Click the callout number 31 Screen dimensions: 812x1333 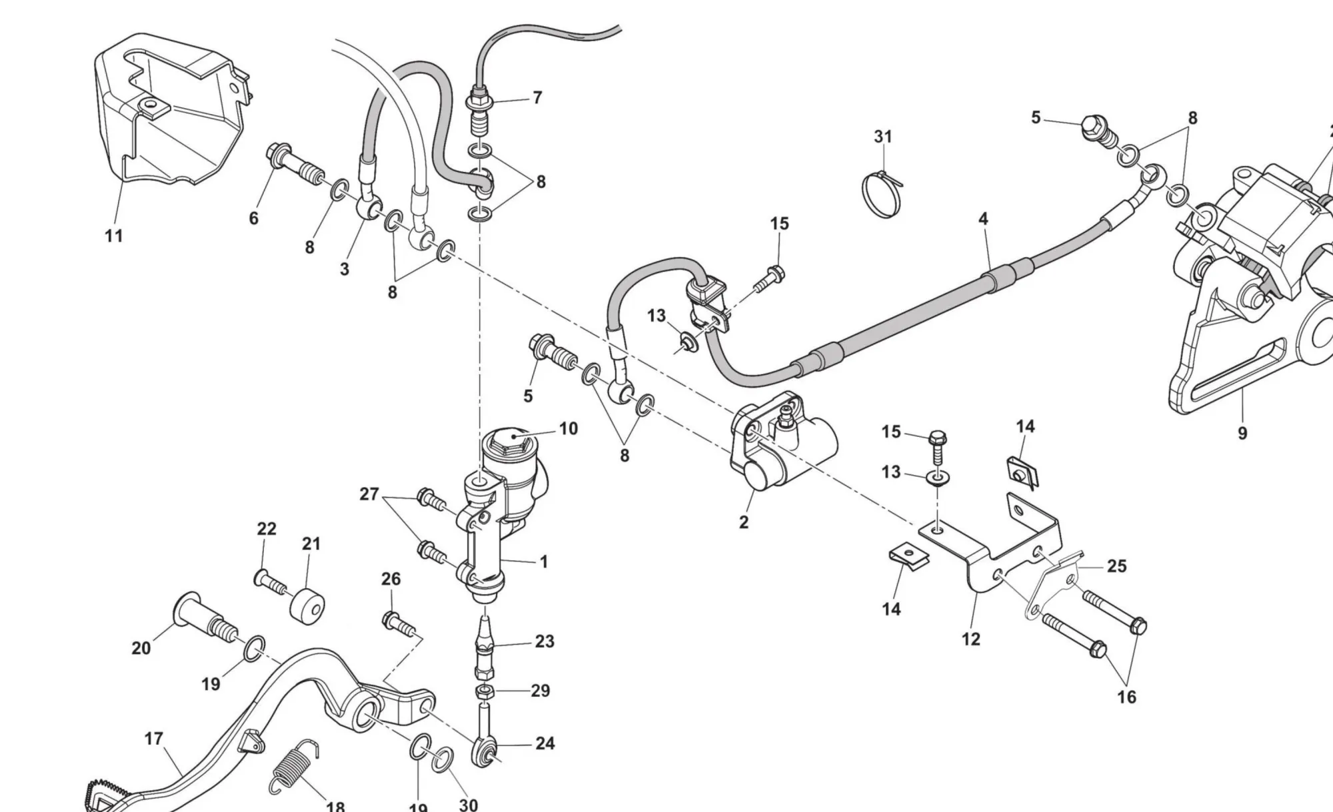coord(882,137)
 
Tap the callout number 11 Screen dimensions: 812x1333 coord(114,236)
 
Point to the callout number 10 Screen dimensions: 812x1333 coord(568,428)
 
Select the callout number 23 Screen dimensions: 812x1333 coord(545,641)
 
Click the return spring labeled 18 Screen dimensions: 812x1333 coord(294,769)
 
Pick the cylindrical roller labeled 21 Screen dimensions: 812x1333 coord(307,606)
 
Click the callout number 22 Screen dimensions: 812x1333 coord(267,529)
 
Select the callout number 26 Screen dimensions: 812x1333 coord(391,580)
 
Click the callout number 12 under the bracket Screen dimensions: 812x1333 coord(971,639)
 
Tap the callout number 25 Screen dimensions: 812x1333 coord(1117,566)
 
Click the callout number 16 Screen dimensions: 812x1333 coord(1126,697)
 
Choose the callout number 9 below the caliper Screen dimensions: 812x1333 coord(1242,434)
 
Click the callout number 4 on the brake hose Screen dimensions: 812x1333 coord(983,218)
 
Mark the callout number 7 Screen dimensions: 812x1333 coord(537,98)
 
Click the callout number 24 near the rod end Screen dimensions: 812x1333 coord(545,743)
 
